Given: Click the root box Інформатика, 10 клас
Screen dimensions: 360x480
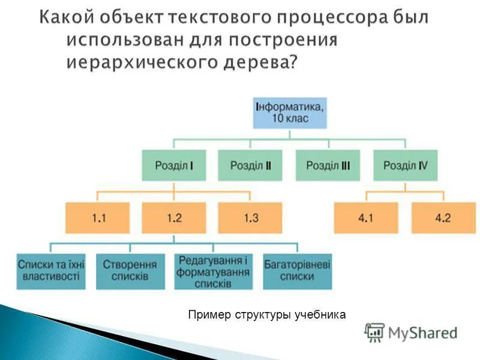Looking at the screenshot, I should (x=290, y=112).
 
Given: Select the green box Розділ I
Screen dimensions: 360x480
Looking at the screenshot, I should (x=174, y=165).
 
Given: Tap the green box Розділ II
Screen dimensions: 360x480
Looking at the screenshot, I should (x=251, y=165).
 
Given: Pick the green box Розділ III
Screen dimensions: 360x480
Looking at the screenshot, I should (x=328, y=165).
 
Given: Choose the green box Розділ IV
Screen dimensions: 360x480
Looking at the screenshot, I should (x=405, y=165).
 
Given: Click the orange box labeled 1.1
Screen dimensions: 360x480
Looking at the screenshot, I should (x=97, y=218).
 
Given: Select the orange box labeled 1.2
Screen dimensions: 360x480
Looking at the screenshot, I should (x=174, y=218).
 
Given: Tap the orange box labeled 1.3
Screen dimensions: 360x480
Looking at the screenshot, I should (x=251, y=218).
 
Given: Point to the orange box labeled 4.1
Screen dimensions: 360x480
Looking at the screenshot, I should (x=366, y=218).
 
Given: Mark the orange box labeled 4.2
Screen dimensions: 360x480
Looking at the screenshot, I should (x=443, y=218).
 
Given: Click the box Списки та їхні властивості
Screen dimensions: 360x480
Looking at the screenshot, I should (x=51, y=271).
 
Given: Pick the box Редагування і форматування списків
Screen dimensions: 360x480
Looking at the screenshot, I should (x=212, y=271).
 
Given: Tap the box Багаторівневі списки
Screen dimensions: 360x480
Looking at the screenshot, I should (x=297, y=271).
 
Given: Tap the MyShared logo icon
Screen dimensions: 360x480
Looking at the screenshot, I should (x=375, y=332).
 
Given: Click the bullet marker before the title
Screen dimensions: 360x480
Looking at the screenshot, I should (x=58, y=41).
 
